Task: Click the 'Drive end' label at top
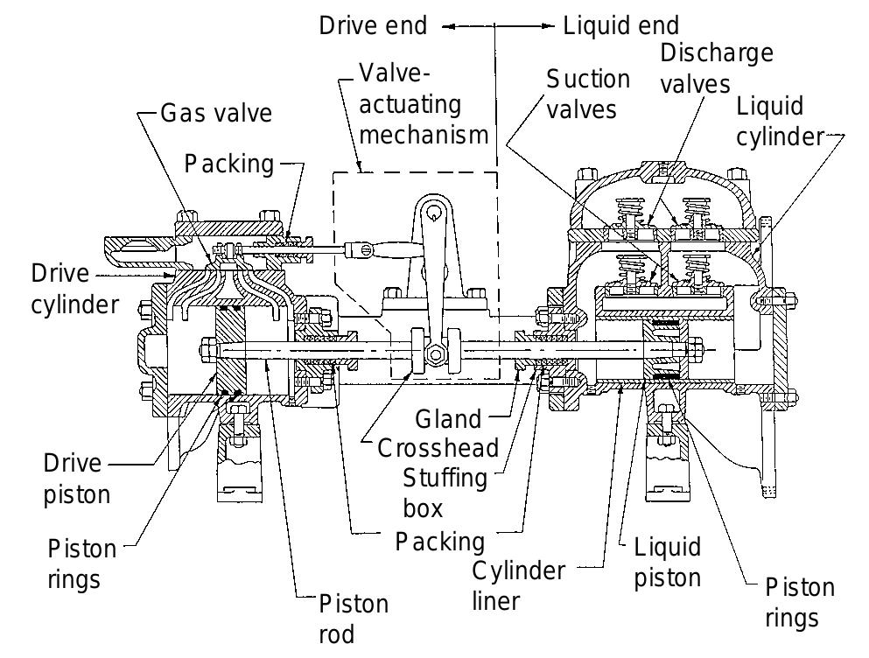(x=373, y=26)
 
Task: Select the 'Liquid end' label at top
(x=620, y=26)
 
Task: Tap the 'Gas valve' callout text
(x=216, y=113)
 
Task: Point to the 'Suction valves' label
(x=587, y=94)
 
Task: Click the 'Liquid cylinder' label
(x=780, y=122)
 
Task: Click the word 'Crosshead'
(x=438, y=448)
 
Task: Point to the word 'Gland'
(x=448, y=419)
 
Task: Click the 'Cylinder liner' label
(x=519, y=586)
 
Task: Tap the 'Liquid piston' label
(x=667, y=562)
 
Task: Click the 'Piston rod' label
(x=353, y=618)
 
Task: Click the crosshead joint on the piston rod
(x=434, y=353)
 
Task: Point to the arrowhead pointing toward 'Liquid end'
(x=550, y=26)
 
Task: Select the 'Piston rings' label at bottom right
(x=799, y=602)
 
